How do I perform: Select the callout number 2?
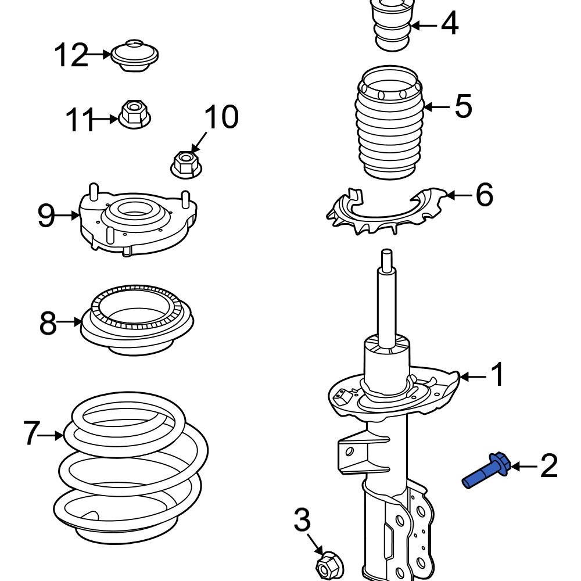[548, 466]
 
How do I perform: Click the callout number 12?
[71, 56]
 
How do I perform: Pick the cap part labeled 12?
[135, 56]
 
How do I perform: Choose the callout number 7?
[33, 433]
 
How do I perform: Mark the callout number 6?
[484, 195]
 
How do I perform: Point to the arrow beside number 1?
[474, 377]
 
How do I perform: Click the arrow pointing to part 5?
[437, 106]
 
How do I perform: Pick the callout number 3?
[302, 521]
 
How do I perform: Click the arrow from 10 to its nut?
[199, 141]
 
